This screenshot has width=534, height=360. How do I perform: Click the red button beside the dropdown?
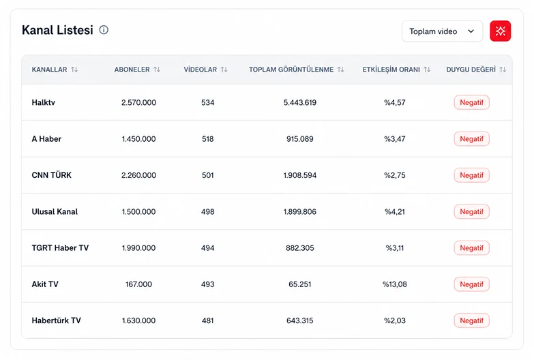(x=500, y=31)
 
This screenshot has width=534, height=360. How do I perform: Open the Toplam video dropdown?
(x=442, y=31)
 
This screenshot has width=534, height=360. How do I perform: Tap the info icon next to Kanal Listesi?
(x=104, y=30)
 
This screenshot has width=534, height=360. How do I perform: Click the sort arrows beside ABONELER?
(x=157, y=70)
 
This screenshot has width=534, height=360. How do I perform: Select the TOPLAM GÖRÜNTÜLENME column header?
(x=291, y=70)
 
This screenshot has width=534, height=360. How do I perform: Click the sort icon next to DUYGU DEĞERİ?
(x=503, y=70)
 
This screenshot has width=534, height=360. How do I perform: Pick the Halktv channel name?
(x=43, y=102)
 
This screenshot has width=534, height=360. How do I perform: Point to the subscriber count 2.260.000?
(x=138, y=175)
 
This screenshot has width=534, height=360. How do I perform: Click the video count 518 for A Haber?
(x=208, y=139)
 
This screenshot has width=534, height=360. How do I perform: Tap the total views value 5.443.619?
(x=299, y=102)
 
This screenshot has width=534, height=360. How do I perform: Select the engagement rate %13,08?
(x=395, y=284)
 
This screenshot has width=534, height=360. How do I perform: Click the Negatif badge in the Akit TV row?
(x=472, y=284)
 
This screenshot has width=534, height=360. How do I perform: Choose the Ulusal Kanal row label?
(x=55, y=212)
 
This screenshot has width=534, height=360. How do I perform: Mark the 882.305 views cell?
(x=299, y=248)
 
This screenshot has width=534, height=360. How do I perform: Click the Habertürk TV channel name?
(x=56, y=320)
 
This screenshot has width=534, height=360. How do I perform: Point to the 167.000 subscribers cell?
(x=138, y=284)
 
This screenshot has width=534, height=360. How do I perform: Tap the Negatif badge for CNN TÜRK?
(x=472, y=175)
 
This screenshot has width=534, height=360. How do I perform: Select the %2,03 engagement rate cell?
(x=395, y=320)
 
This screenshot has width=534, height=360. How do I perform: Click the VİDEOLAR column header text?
(x=201, y=70)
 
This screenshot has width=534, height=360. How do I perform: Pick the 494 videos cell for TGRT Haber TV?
(x=208, y=248)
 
